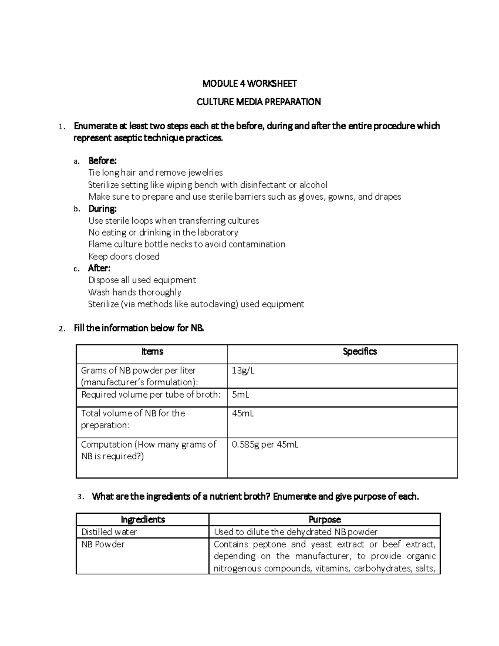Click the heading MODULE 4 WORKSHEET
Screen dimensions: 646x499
point(249,84)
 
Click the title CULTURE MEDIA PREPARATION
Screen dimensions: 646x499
point(258,102)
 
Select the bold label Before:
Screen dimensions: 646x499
point(102,161)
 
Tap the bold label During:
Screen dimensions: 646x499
point(102,208)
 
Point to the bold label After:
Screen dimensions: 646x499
point(99,268)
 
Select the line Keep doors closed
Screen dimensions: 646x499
point(124,257)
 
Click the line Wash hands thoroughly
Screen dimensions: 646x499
point(135,292)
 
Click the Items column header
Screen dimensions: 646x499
point(152,352)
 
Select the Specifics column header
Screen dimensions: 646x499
point(360,352)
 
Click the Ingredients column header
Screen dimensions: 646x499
point(143,520)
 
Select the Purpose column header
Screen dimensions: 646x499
point(324,520)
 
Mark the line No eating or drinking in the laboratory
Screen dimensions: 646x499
point(163,233)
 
